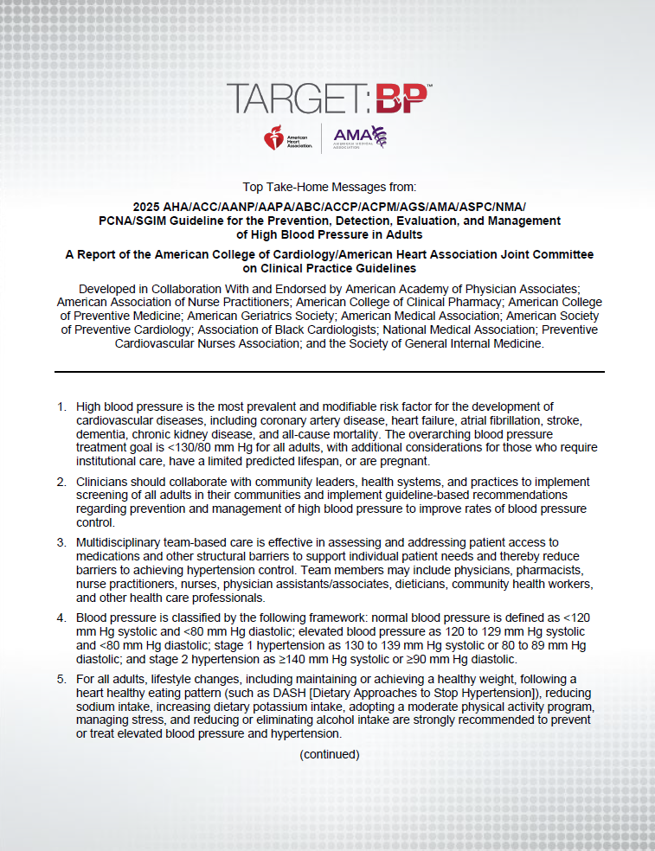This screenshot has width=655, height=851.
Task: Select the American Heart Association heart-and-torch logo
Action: [275, 137]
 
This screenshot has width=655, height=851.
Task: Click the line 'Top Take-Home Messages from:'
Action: [329, 186]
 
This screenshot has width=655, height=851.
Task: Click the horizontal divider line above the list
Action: [329, 372]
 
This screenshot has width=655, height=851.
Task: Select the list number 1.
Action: [61, 406]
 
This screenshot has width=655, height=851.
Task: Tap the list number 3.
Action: [61, 542]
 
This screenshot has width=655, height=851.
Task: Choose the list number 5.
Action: [61, 679]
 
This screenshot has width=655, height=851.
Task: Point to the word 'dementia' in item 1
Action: [100, 434]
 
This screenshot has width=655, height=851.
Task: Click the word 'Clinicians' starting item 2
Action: [105, 481]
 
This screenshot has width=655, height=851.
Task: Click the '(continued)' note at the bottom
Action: [329, 754]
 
